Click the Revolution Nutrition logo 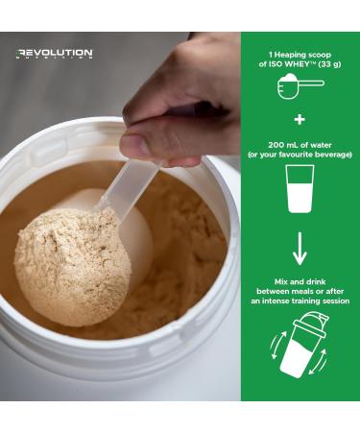[x=54, y=54]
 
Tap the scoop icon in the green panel [x=299, y=86]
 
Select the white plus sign [x=299, y=122]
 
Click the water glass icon [x=299, y=189]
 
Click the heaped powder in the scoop [x=71, y=264]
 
